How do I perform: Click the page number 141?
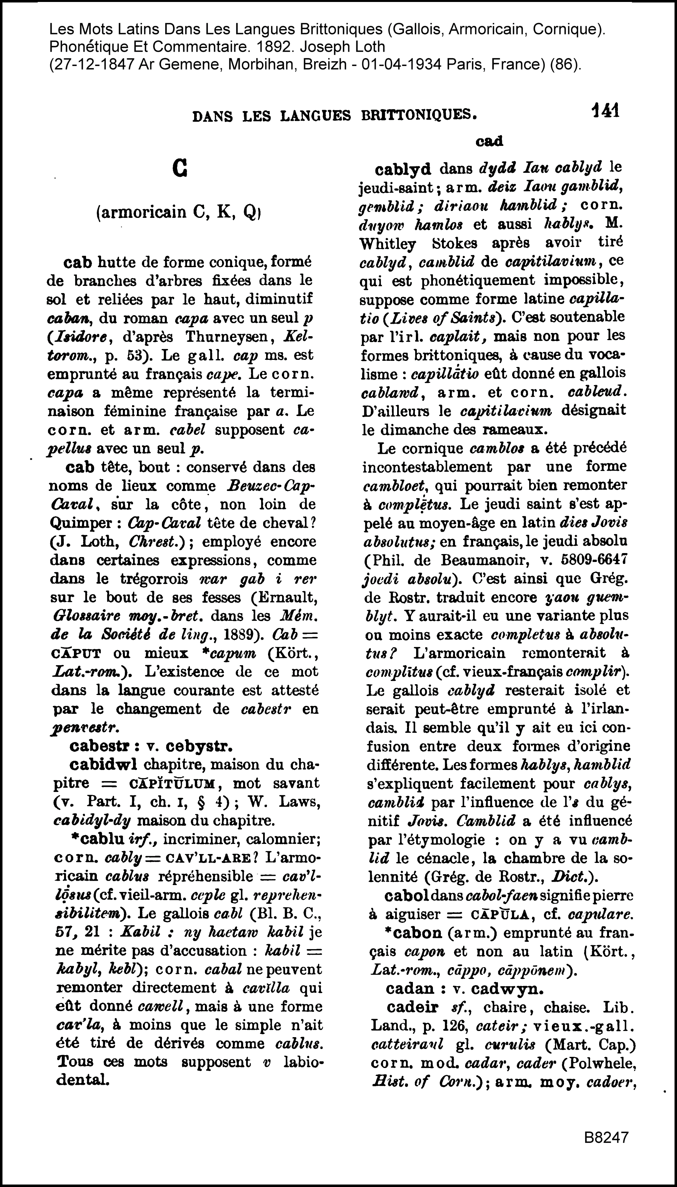click(605, 112)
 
